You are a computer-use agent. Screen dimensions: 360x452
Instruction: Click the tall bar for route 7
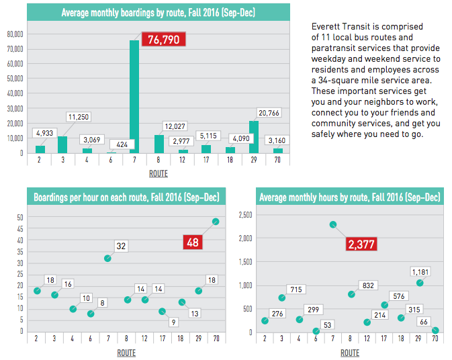click(134, 97)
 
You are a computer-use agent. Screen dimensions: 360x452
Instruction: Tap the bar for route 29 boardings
click(253, 137)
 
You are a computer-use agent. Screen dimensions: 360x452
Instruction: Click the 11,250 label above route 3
click(79, 117)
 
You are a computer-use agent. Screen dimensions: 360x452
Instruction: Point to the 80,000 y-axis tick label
click(15, 34)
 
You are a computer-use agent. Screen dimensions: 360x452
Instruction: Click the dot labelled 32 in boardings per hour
click(107, 258)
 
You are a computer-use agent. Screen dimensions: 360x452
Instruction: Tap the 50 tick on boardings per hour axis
click(20, 217)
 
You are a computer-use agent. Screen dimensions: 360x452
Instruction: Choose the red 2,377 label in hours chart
click(363, 245)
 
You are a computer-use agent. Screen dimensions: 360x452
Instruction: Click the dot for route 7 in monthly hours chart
click(332, 224)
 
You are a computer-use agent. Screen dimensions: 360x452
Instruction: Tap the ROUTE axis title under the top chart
click(158, 173)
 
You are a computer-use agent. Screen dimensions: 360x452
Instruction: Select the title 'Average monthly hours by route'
click(349, 197)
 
